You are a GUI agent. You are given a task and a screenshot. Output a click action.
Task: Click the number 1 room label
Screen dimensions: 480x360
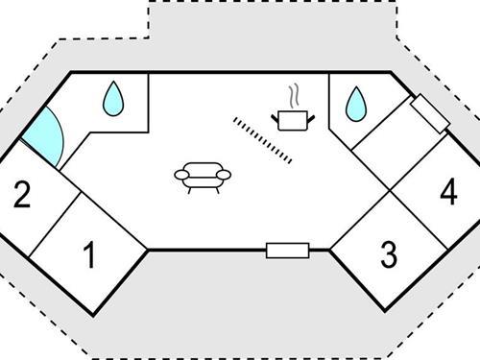(x=89, y=256)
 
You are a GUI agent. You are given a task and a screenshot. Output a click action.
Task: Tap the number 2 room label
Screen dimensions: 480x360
(x=22, y=196)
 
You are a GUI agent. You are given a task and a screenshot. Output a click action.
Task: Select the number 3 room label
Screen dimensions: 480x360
(x=388, y=255)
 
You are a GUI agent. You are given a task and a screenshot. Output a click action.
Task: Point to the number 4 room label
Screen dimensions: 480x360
(x=447, y=194)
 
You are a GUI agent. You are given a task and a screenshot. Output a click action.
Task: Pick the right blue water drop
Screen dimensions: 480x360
(x=356, y=103)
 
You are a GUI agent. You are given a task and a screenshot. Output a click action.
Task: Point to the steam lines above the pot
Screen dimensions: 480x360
(x=292, y=97)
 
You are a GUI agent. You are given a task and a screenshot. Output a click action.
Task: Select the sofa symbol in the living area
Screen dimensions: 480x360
(x=203, y=177)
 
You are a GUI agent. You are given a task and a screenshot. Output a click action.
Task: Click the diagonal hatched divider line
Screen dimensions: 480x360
(x=262, y=139)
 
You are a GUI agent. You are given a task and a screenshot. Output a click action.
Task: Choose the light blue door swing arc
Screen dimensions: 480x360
(x=47, y=138)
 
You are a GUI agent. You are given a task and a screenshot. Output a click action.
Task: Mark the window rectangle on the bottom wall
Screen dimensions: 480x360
(x=286, y=251)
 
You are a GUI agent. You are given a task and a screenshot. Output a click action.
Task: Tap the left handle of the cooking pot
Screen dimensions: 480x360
(x=276, y=116)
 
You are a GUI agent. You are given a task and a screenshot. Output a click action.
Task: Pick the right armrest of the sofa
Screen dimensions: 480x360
(x=227, y=174)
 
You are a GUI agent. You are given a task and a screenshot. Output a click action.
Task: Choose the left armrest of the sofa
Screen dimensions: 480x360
(x=179, y=174)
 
